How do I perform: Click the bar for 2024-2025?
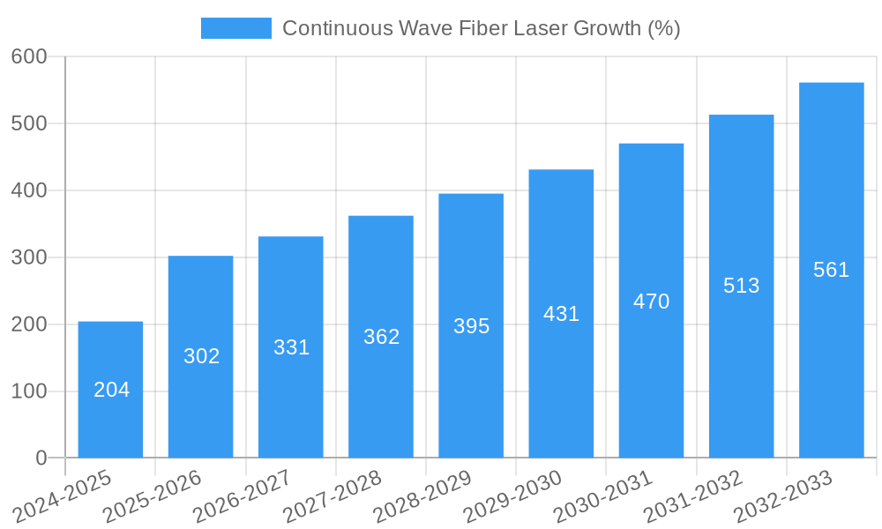(110, 390)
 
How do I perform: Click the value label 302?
(201, 356)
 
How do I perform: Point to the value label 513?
(741, 286)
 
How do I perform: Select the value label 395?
(471, 326)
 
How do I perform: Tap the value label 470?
(651, 302)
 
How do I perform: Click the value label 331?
(291, 347)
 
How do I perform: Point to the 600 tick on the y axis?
(29, 56)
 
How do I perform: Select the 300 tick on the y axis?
(29, 257)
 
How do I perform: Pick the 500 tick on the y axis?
(29, 123)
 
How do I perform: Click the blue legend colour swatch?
(236, 28)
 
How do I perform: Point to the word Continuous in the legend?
(337, 28)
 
